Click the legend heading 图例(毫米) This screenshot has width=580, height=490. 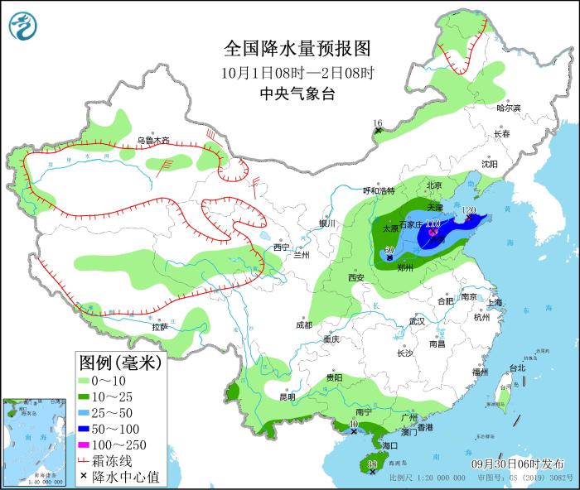120,362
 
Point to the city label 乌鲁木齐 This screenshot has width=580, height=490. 153,141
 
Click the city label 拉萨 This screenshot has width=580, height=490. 160,327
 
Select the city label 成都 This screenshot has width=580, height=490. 303,324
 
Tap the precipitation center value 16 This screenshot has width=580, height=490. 378,122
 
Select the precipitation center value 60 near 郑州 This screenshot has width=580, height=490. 389,250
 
